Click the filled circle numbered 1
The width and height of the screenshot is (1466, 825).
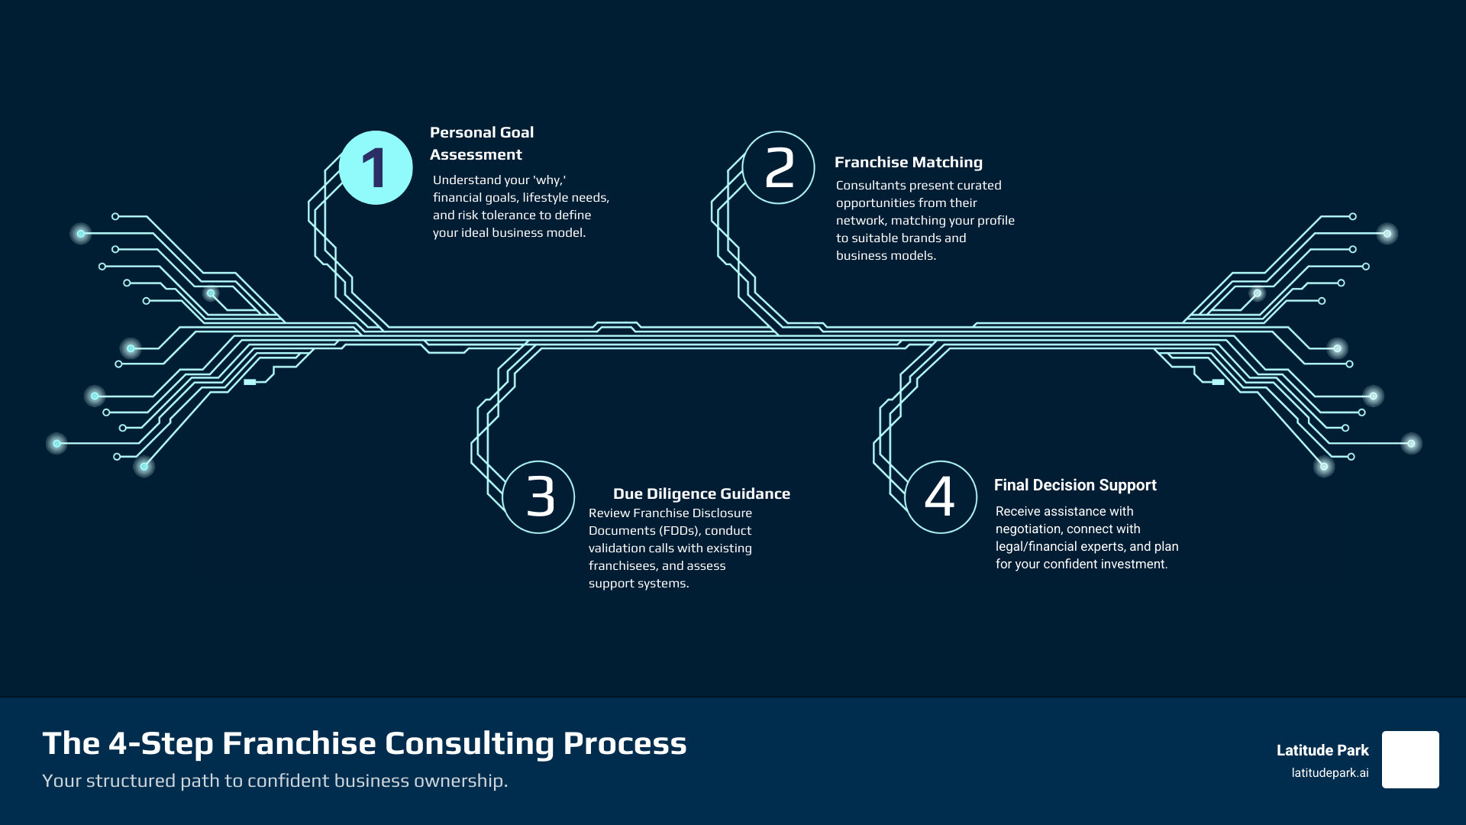(376, 168)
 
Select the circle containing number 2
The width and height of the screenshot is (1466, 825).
(779, 168)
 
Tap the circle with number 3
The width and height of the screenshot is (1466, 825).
(539, 497)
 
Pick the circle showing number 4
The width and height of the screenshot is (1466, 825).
(941, 497)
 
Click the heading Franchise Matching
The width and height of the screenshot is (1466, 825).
(908, 162)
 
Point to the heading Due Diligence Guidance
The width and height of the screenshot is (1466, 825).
(701, 493)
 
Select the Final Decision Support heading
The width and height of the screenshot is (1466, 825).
(1074, 485)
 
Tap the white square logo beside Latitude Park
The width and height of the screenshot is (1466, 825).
(1410, 759)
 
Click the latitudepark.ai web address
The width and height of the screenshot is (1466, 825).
(1329, 773)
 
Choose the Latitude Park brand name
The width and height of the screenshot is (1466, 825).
(1322, 750)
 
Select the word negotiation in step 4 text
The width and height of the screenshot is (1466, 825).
(1028, 529)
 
